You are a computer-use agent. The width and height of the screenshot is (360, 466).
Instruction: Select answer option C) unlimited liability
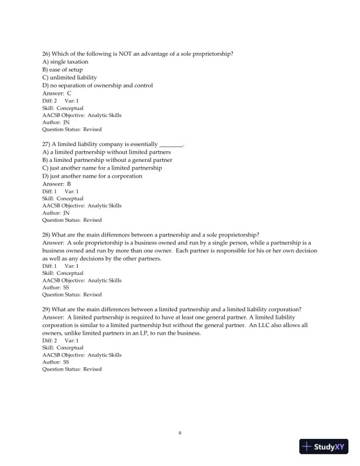point(71,78)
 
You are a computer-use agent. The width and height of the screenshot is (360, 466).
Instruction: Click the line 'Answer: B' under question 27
point(57,184)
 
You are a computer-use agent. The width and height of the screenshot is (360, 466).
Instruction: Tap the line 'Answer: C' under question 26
point(57,93)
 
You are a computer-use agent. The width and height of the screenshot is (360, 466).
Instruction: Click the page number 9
point(180,434)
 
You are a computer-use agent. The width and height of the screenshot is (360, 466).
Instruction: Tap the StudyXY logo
point(324,447)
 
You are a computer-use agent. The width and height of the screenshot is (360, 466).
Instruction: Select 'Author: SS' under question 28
point(56,288)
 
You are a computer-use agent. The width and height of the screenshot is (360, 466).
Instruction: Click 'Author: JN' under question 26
point(56,122)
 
